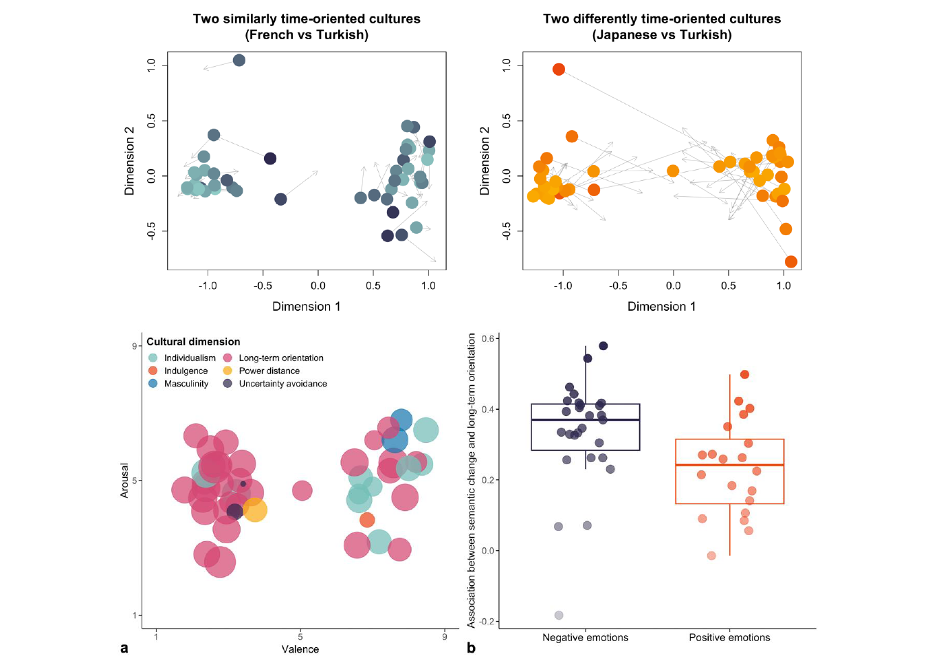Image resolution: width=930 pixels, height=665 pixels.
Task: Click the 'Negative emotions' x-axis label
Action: [x=585, y=637]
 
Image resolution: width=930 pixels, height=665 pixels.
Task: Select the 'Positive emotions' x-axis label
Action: [x=729, y=637]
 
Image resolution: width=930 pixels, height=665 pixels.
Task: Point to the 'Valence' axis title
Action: [x=300, y=649]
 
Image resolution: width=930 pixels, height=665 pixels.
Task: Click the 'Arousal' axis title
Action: [x=124, y=480]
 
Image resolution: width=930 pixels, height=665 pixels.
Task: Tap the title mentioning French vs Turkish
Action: [x=307, y=27]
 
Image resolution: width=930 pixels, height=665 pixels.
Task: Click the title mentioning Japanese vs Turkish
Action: [x=662, y=27]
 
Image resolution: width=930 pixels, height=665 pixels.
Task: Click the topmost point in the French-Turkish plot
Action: [x=239, y=61]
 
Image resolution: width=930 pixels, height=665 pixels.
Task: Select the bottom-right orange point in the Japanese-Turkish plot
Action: [x=790, y=261]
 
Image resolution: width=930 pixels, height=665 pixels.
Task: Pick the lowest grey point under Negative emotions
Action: [x=559, y=615]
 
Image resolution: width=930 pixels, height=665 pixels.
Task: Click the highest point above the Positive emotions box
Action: [x=744, y=375]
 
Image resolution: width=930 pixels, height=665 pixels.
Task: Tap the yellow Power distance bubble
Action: [x=254, y=510]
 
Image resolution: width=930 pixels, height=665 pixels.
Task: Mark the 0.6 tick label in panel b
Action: [x=488, y=338]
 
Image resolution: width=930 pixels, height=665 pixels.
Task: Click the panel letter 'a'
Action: [x=124, y=648]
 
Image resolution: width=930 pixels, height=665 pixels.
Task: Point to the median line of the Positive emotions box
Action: [x=729, y=465]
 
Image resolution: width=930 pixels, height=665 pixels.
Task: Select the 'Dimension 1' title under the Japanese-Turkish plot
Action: [x=661, y=307]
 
